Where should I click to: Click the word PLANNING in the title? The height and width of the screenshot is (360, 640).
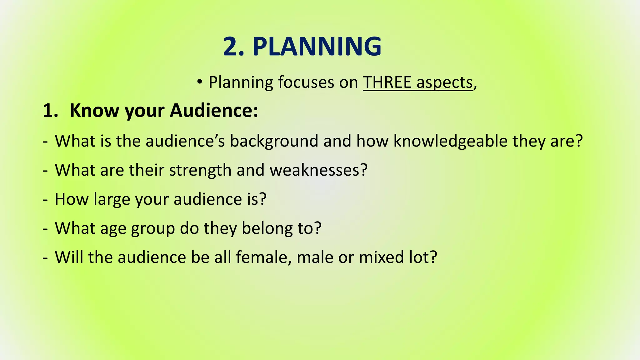click(317, 47)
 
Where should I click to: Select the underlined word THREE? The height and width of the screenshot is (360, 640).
click(387, 82)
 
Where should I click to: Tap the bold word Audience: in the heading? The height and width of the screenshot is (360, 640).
click(214, 111)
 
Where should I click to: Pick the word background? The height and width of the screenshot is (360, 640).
click(274, 141)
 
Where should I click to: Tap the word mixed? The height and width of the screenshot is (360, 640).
click(381, 257)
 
